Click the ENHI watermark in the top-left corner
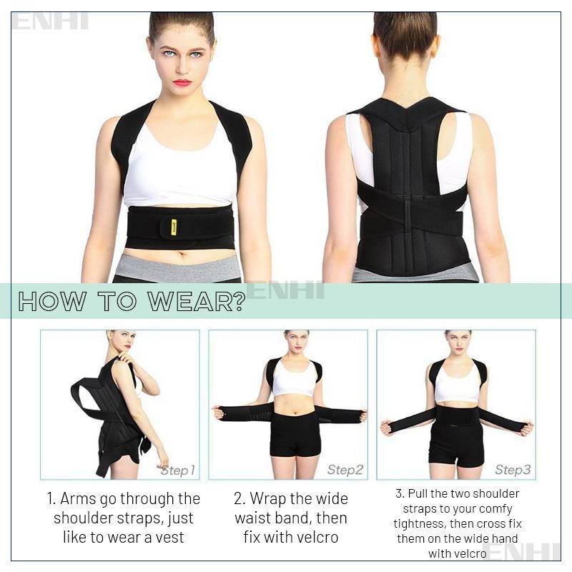pyautogui.click(x=50, y=21)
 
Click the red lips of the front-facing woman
pyautogui.click(x=182, y=82)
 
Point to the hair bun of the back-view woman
pyautogui.click(x=405, y=29)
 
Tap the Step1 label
pyautogui.click(x=177, y=470)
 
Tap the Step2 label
pyautogui.click(x=345, y=470)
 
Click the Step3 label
pyautogui.click(x=513, y=470)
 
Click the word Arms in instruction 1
pyautogui.click(x=77, y=498)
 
